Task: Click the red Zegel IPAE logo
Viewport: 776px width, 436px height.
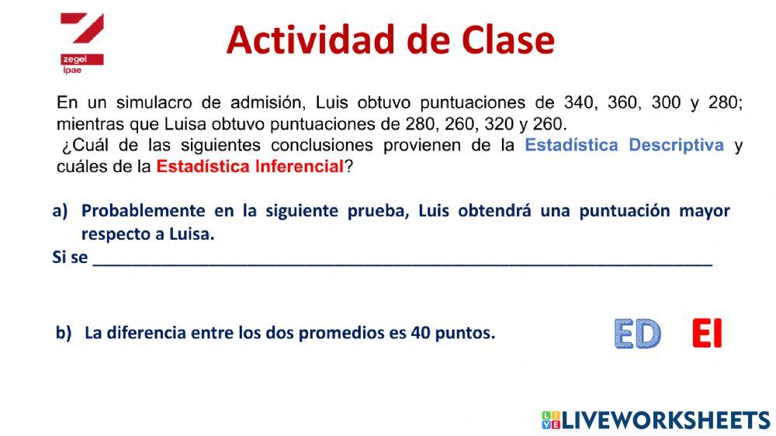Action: (81, 43)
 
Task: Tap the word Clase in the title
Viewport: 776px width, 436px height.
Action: (505, 40)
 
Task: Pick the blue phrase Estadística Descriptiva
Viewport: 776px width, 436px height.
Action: (624, 145)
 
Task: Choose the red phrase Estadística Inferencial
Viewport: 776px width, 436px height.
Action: (250, 166)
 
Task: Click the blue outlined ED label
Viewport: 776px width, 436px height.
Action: (637, 334)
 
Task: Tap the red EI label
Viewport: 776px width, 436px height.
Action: (706, 334)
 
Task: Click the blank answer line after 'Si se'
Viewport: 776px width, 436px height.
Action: (402, 258)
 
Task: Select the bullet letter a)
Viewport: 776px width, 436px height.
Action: (61, 211)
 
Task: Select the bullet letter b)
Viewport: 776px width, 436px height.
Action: (63, 334)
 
